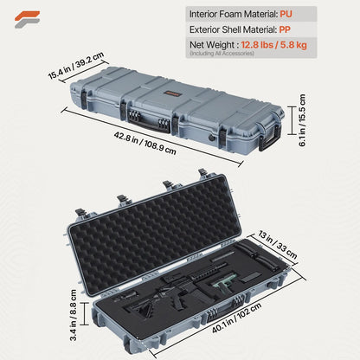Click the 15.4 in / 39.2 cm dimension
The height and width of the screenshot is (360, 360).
[75, 67]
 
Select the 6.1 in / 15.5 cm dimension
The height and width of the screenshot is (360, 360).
[304, 126]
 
